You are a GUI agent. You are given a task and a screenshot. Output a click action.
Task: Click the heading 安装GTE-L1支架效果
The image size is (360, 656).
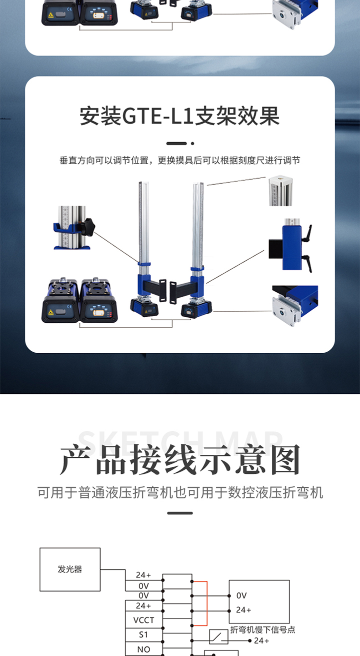tap(179, 116)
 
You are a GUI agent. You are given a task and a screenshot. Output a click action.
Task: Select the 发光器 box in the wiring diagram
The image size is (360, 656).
tap(70, 569)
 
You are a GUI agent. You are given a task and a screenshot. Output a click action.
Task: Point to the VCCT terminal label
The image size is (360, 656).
tap(143, 620)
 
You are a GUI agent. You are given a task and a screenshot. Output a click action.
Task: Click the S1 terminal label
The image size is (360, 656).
tap(143, 634)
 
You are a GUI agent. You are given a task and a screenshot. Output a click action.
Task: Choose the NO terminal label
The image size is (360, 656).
tap(143, 649)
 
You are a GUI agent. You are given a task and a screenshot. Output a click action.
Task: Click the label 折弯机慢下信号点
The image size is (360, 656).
tap(262, 629)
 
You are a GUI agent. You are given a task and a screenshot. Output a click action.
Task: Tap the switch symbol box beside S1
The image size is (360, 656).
tap(218, 636)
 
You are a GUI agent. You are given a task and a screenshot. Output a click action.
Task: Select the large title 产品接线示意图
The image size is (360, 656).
tap(180, 459)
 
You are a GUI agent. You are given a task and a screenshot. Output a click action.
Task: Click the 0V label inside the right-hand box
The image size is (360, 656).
tap(241, 595)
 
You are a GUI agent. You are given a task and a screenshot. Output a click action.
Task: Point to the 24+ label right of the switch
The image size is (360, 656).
tap(261, 640)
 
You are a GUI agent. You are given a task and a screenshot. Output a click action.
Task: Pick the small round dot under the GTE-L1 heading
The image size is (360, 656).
tap(192, 144)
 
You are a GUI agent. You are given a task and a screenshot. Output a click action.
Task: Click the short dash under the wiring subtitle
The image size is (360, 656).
tap(180, 513)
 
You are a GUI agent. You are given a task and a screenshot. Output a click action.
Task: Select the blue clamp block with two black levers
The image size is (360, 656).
tap(290, 245)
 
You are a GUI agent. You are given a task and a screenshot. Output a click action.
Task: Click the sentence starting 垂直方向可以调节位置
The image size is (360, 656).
tap(179, 161)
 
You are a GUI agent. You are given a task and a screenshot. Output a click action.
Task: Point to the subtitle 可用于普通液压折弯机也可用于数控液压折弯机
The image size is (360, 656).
tap(180, 492)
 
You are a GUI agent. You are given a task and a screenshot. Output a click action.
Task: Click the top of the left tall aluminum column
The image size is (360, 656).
tap(143, 183)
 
